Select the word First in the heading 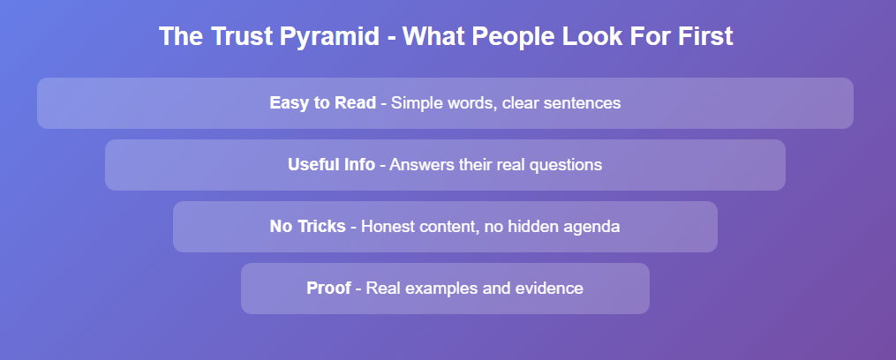pyautogui.click(x=704, y=36)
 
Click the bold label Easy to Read pyautogui.click(x=323, y=103)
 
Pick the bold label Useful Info pyautogui.click(x=331, y=165)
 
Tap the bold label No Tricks pyautogui.click(x=307, y=226)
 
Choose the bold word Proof pyautogui.click(x=328, y=288)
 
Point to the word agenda pyautogui.click(x=591, y=228)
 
